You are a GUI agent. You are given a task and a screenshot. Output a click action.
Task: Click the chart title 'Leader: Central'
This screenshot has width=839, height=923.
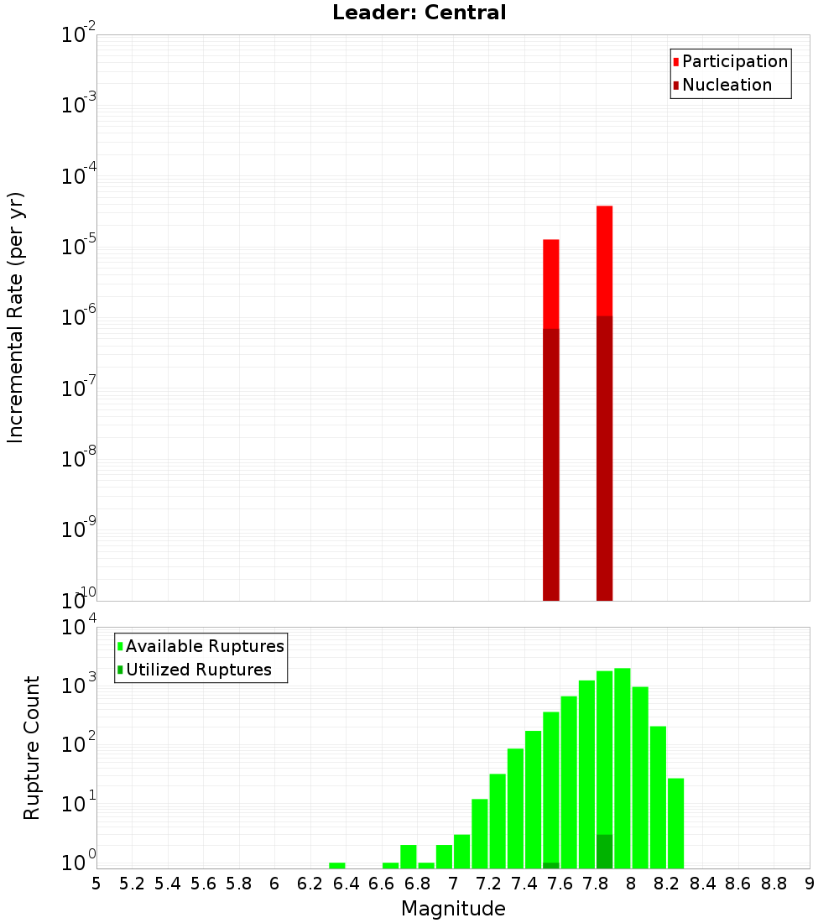(x=419, y=13)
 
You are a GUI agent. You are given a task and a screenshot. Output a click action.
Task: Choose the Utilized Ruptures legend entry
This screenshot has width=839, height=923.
(x=198, y=670)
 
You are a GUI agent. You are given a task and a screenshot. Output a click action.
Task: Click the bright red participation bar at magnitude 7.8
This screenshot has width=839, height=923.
(x=604, y=260)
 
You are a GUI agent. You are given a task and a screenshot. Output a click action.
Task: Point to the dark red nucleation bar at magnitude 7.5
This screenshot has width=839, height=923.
(x=551, y=461)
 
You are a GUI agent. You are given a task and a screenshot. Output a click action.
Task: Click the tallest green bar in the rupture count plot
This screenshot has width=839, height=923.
(x=623, y=768)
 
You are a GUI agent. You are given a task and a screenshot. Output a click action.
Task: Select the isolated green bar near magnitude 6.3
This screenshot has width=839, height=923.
(x=337, y=865)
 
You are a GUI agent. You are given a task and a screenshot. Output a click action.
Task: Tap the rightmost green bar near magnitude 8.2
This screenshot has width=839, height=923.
(x=676, y=822)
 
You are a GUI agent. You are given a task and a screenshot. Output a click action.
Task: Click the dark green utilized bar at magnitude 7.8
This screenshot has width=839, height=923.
(x=604, y=851)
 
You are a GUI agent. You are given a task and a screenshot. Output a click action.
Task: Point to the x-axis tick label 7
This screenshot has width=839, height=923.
(x=453, y=884)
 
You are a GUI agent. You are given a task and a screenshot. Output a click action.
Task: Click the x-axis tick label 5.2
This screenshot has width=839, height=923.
(x=133, y=884)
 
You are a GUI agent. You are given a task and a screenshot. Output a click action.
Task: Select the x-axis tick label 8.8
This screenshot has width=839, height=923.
(x=774, y=884)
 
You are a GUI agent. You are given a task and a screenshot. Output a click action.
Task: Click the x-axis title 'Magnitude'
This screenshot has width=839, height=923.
(x=453, y=909)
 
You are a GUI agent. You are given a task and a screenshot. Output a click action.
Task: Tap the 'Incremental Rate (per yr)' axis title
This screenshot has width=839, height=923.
(x=16, y=317)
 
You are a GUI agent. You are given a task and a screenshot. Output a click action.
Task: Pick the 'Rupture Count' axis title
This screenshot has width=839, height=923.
(x=32, y=748)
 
